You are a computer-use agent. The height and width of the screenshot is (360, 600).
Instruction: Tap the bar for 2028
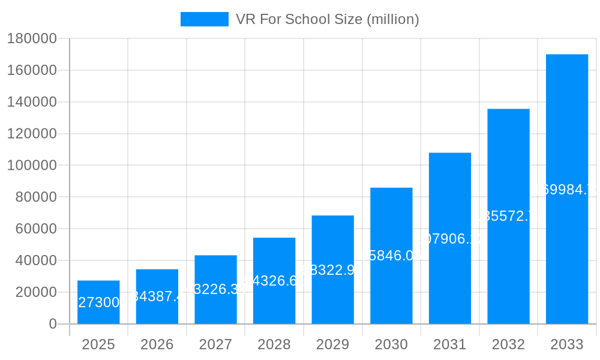pos(274,264)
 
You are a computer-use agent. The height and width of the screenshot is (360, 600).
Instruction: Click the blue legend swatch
pos(204,19)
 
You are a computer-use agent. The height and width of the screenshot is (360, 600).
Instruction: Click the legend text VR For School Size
pos(327,19)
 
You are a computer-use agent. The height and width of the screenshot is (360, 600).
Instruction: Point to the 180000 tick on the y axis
pos(32,39)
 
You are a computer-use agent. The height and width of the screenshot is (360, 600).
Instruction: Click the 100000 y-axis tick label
pos(32,166)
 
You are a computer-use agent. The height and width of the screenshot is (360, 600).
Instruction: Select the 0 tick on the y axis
pos(53,324)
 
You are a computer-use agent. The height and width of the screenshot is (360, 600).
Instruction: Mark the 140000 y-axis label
pos(32,103)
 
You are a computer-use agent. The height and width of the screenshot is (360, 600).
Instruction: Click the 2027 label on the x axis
pos(215,345)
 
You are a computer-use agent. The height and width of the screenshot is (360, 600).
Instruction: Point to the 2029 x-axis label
pos(332,345)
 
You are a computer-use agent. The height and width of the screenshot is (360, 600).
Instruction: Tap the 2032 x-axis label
pos(508,345)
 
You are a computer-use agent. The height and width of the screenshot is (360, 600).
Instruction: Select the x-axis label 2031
pos(449,345)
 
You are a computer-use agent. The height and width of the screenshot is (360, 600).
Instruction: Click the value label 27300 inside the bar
pos(98,302)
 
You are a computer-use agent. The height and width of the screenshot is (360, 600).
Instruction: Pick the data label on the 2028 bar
pos(274,281)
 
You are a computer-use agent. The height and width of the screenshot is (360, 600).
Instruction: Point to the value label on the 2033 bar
pos(567,190)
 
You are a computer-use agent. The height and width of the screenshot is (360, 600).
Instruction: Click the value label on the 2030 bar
pos(391,256)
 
